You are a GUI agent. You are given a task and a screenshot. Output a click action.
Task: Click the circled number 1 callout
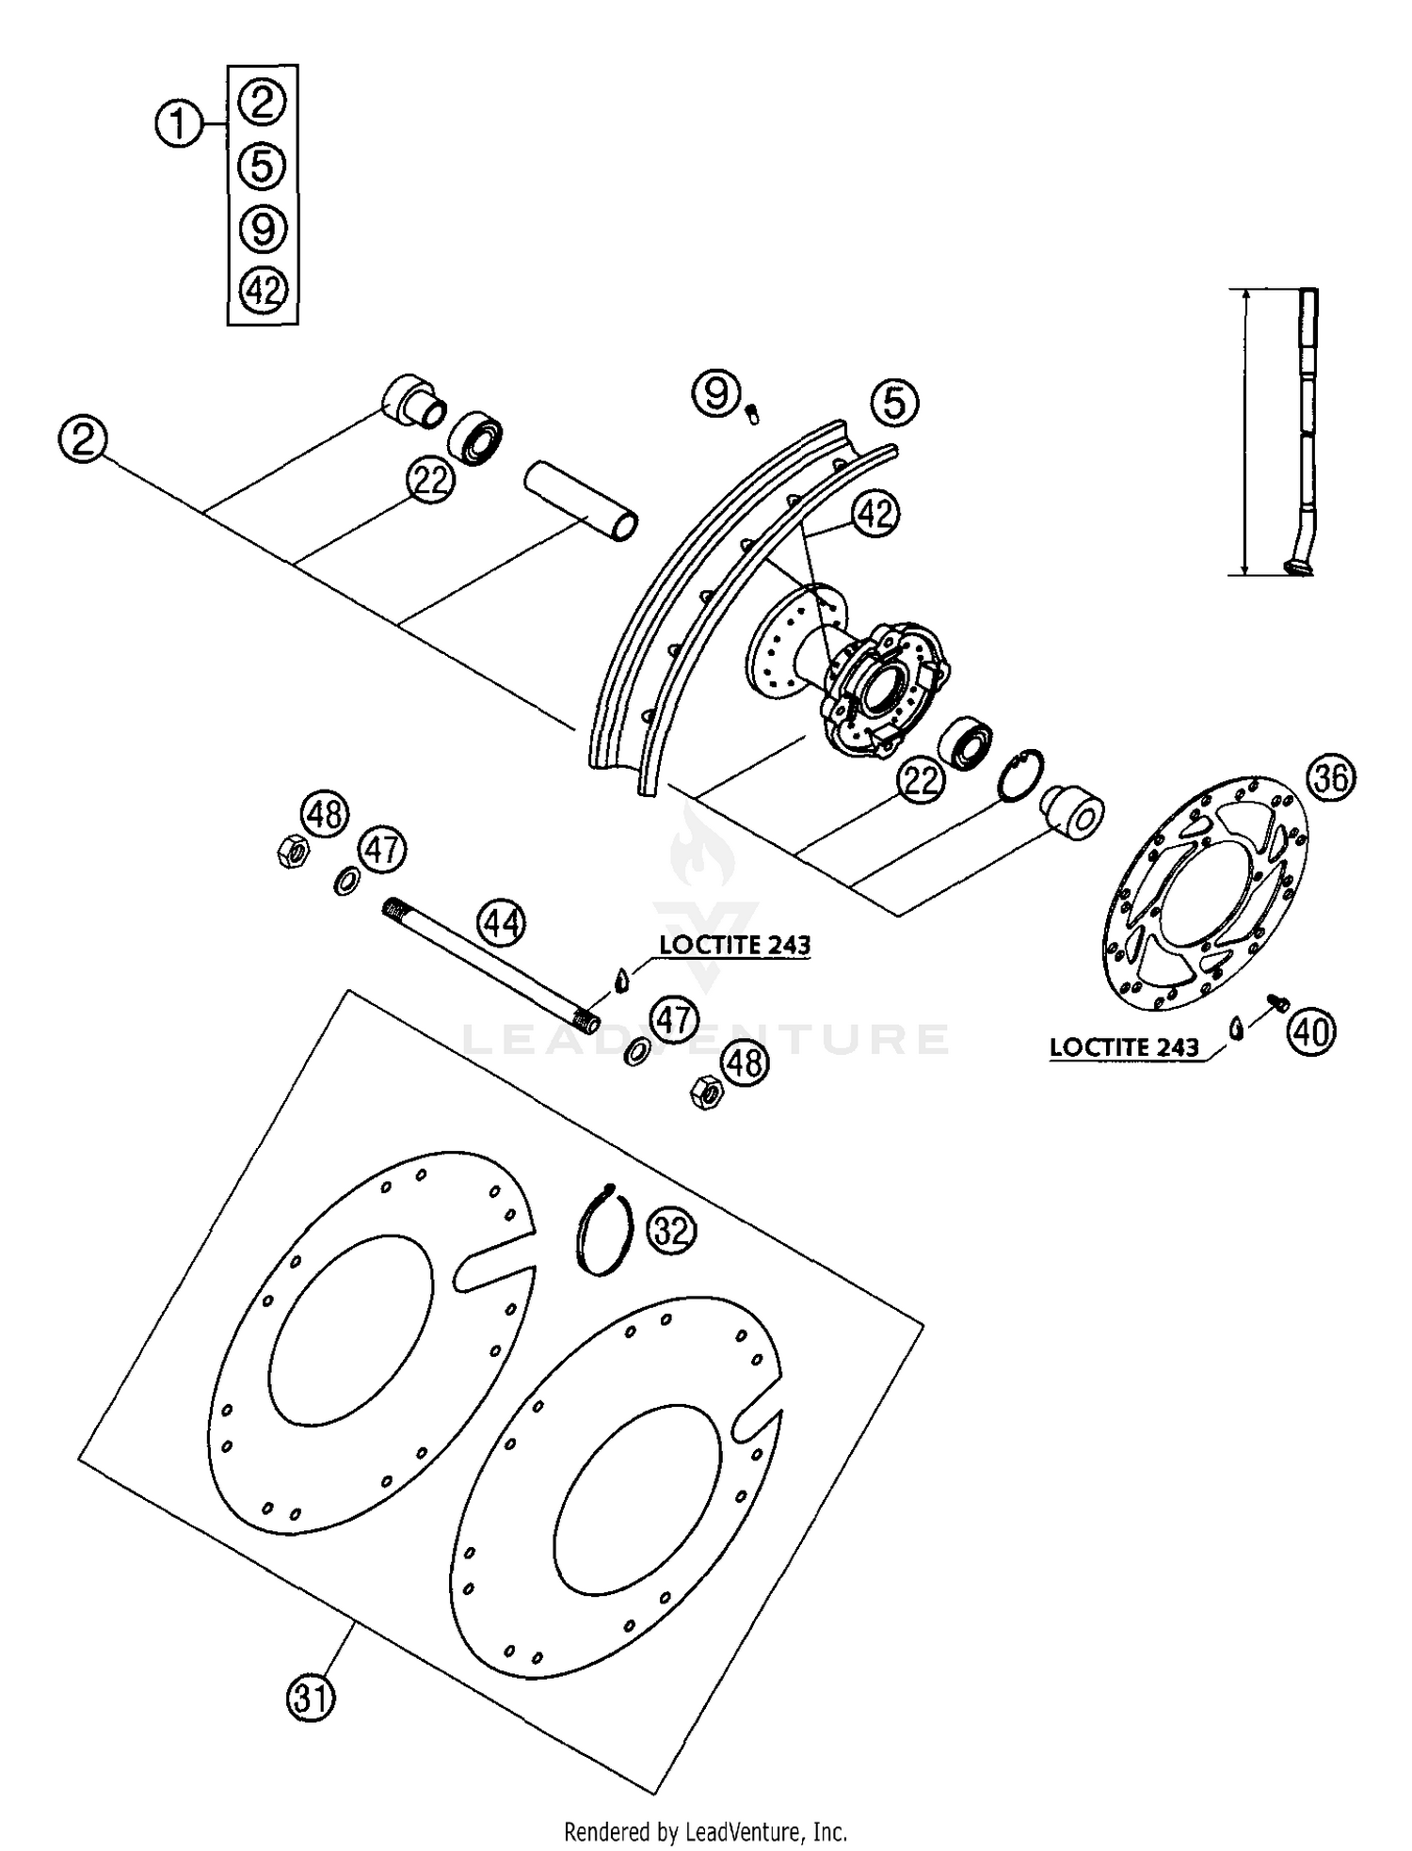(179, 124)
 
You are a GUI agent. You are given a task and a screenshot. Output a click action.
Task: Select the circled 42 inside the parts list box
(263, 290)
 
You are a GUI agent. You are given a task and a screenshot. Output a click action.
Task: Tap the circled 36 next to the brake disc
(1331, 779)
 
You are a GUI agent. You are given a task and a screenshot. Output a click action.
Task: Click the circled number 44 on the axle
(501, 924)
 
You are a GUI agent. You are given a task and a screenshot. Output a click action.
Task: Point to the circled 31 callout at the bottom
(311, 1699)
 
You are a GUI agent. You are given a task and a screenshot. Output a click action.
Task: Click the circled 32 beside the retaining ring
(672, 1230)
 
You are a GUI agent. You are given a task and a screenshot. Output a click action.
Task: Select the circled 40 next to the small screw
(1311, 1033)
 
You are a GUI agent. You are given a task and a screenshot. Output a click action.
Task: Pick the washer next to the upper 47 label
(347, 883)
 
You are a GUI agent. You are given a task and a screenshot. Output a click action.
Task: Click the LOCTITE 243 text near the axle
(734, 945)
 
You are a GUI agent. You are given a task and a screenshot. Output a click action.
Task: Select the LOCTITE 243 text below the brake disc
(1124, 1047)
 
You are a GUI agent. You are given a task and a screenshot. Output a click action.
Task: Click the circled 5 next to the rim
(893, 403)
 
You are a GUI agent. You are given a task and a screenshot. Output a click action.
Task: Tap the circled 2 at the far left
(83, 439)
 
